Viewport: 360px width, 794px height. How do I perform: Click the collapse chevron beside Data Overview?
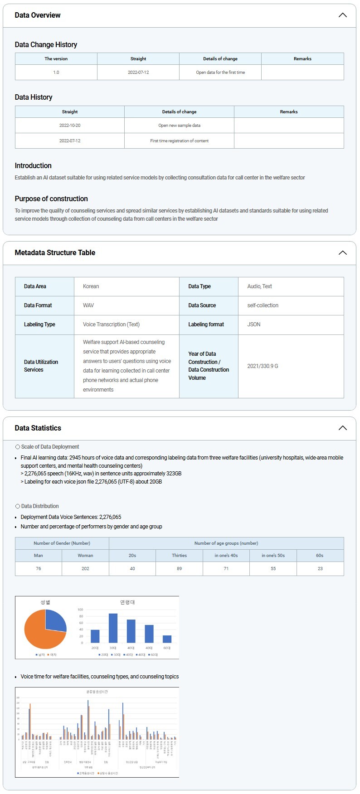pos(342,15)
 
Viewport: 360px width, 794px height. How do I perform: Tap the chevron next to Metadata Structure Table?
pos(342,253)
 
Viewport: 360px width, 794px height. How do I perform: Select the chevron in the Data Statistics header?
pos(342,428)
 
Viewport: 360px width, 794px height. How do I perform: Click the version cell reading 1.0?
pos(56,73)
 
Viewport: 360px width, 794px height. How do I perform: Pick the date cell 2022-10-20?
pos(70,126)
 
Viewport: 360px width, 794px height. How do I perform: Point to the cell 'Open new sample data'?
pos(179,126)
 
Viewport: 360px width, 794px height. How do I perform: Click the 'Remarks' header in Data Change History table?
pos(302,59)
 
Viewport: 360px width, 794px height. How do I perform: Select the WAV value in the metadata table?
pos(88,305)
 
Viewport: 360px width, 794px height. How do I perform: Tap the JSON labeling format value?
pos(254,324)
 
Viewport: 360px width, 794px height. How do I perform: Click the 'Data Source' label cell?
pos(202,305)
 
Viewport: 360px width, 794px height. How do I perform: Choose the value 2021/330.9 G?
pos(263,366)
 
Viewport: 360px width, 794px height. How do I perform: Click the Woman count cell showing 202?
pos(85,569)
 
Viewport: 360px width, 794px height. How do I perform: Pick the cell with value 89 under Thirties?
pos(179,569)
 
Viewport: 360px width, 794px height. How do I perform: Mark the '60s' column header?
pos(320,556)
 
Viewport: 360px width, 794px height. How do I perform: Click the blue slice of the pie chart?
pos(55,620)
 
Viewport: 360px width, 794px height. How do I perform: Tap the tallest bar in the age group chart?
pos(113,628)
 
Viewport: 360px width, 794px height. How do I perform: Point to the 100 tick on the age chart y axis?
pos(81,610)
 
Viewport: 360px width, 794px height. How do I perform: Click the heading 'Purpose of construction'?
pos(51,199)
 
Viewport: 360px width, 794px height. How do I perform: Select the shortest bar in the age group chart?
pos(167,639)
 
